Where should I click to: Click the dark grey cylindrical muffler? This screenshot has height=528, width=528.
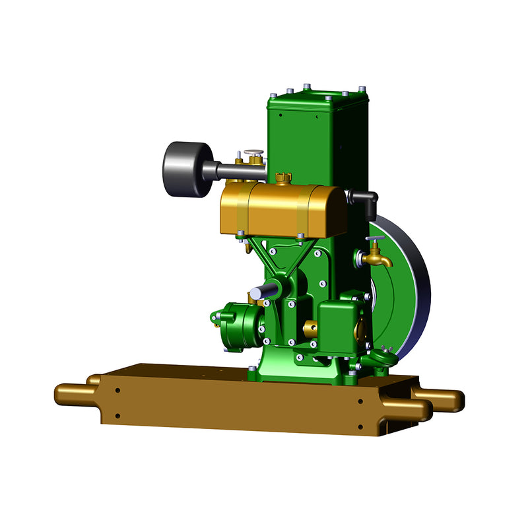[182, 170]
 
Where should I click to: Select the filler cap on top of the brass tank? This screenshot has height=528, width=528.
[284, 178]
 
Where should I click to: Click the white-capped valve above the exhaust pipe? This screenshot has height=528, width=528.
[253, 154]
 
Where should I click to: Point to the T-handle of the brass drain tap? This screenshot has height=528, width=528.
[376, 240]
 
